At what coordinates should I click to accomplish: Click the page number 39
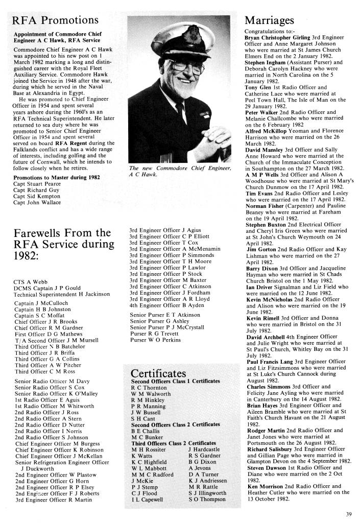click(x=348, y=514)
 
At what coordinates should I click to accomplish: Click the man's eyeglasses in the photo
click(x=183, y=66)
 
